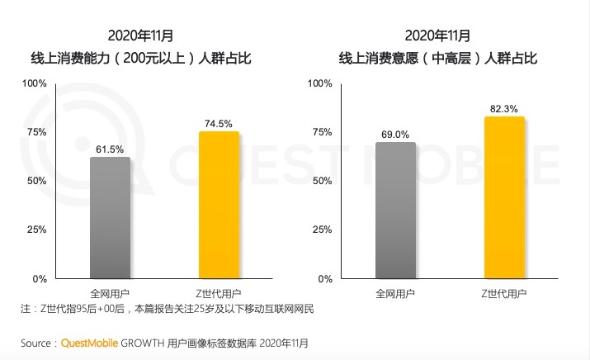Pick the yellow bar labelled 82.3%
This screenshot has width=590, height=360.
(504, 197)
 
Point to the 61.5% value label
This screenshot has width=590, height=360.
(110, 149)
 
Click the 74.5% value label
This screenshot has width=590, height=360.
(219, 123)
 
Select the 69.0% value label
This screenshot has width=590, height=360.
(395, 134)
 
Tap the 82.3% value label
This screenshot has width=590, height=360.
(504, 108)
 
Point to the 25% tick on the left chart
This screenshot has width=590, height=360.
(37, 230)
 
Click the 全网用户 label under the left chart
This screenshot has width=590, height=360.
(110, 294)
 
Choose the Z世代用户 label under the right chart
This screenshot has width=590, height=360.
(504, 294)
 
